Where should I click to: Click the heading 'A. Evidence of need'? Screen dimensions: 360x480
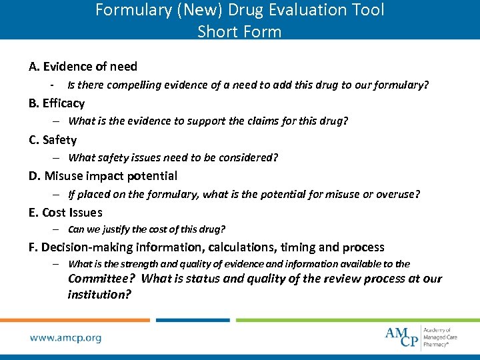tap(83, 67)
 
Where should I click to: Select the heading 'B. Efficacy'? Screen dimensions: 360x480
tap(57, 103)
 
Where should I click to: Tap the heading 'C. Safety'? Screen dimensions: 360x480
tap(53, 140)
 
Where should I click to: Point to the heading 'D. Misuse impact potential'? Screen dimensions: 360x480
tap(103, 176)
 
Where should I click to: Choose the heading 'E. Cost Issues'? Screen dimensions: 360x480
tap(65, 213)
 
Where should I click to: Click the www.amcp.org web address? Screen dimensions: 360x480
tap(65, 337)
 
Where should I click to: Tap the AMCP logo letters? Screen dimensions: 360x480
tap(402, 337)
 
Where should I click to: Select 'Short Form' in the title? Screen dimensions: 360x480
tap(239, 31)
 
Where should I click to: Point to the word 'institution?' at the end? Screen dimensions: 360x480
tap(99, 294)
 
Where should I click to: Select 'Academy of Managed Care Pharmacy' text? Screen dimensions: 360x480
tap(440, 337)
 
